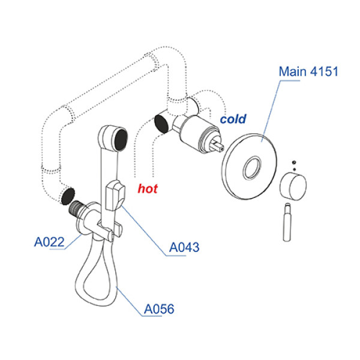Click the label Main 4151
click(309, 72)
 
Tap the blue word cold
click(233, 119)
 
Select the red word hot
click(148, 189)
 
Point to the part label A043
click(184, 247)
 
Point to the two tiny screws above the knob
click(293, 164)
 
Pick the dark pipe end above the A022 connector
click(68, 196)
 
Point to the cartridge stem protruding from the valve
click(217, 145)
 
